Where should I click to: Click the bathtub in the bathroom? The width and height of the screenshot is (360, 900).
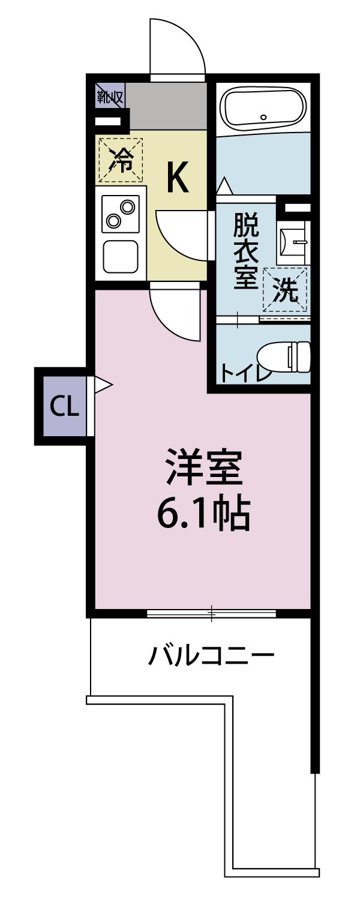click(x=264, y=108)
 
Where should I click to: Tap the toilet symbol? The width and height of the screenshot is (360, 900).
click(x=287, y=356)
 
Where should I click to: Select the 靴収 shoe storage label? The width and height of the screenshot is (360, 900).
click(x=110, y=95)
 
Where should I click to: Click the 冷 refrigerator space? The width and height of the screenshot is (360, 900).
click(x=121, y=160)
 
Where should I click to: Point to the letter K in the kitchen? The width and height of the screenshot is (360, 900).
click(x=177, y=178)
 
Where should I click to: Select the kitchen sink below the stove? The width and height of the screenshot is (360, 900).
click(x=120, y=256)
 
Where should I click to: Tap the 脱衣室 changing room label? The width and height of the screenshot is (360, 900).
click(x=245, y=252)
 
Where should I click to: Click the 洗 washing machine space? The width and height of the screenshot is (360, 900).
click(x=286, y=290)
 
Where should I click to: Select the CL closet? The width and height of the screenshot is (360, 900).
click(x=64, y=407)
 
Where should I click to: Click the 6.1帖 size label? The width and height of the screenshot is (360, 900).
click(x=203, y=514)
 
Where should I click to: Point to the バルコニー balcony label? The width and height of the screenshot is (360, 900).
click(x=211, y=655)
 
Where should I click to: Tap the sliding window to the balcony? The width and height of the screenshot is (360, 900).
click(x=211, y=613)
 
